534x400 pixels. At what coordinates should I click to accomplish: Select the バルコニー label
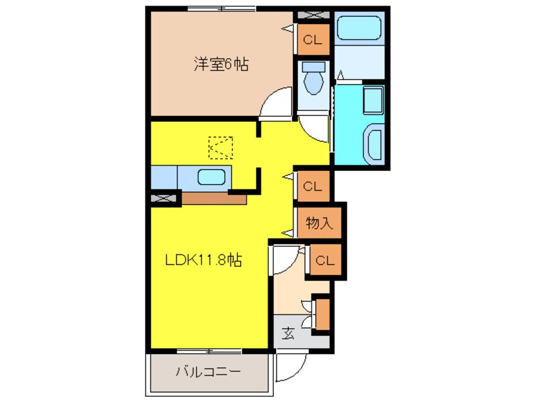208,372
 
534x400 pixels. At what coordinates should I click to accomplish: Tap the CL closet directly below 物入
326,259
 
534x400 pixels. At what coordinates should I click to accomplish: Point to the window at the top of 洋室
222,9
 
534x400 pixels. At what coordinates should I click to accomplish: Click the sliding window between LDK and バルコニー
208,350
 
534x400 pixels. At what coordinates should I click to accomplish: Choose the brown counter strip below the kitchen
213,199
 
